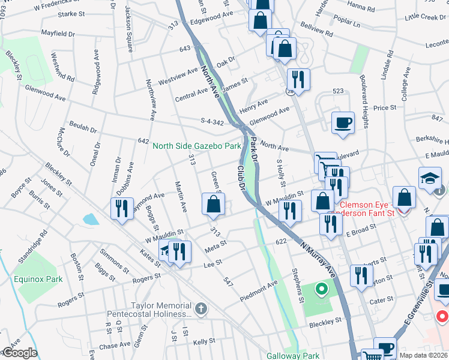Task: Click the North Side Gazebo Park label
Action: coord(197,146)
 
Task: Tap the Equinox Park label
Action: coord(38,279)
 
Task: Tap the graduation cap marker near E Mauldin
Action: coord(430,178)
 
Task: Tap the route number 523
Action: coord(339,91)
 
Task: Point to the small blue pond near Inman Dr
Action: coord(90,219)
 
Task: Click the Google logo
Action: coord(19,353)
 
